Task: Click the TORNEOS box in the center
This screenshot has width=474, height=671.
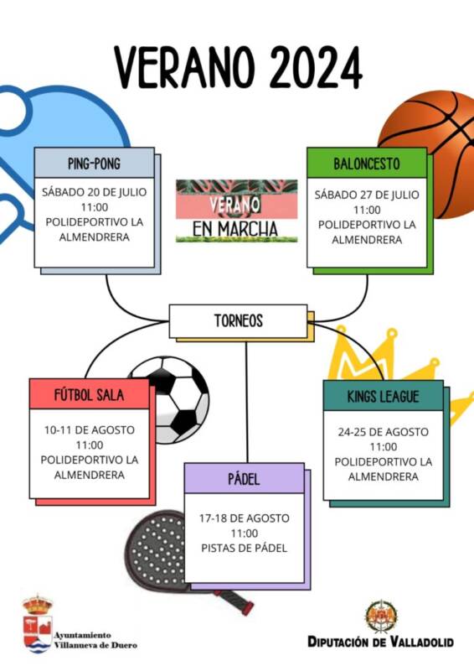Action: click(x=238, y=321)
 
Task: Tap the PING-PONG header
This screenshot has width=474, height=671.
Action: click(x=94, y=163)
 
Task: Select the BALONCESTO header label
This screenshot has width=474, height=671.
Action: click(x=367, y=163)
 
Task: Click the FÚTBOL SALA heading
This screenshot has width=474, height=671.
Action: click(x=89, y=394)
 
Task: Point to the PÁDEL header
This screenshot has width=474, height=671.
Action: click(x=244, y=478)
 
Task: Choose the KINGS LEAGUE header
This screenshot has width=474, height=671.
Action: click(x=383, y=396)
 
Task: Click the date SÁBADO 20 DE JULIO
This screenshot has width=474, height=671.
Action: click(x=94, y=192)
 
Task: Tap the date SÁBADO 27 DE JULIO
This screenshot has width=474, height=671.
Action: click(x=367, y=195)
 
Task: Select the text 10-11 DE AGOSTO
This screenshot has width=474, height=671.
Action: click(x=90, y=429)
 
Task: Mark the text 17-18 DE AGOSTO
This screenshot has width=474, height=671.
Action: click(x=244, y=518)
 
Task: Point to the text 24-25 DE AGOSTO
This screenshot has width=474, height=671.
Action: click(x=383, y=432)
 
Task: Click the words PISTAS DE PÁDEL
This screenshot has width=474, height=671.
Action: click(x=244, y=549)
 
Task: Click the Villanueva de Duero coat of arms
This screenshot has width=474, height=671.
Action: click(x=38, y=624)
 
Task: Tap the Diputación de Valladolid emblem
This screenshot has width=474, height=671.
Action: click(x=381, y=616)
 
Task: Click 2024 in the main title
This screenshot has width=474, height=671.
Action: click(x=317, y=69)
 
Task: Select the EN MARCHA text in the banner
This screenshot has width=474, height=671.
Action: click(x=235, y=229)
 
